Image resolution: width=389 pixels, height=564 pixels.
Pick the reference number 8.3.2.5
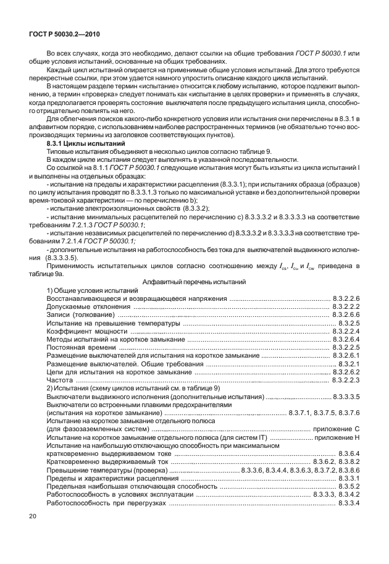pyautogui.click(x=348, y=323)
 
